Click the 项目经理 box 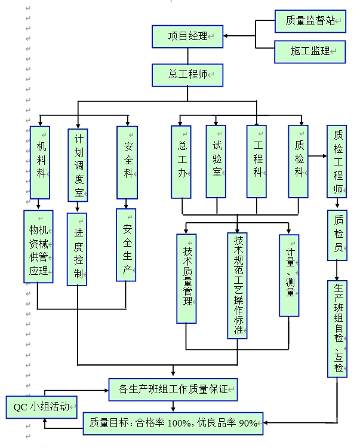click(x=187, y=36)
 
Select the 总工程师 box click(x=187, y=75)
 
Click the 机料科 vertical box click(x=41, y=162)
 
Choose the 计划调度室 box click(x=78, y=164)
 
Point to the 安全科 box click(x=127, y=162)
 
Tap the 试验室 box click(x=216, y=161)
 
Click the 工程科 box click(x=257, y=161)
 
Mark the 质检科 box click(x=298, y=161)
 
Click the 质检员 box click(x=338, y=234)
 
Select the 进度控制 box click(x=78, y=248)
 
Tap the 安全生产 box click(x=126, y=244)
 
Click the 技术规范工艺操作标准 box click(x=238, y=285)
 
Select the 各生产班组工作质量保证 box click(x=174, y=389)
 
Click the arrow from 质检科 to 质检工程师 click(x=318, y=156)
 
